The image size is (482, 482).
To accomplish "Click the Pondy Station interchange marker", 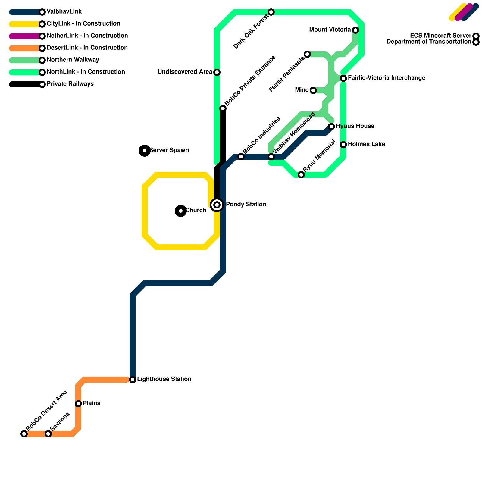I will (217, 205).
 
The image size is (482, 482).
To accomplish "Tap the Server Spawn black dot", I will (145, 150).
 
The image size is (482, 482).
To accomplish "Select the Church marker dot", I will (181, 211).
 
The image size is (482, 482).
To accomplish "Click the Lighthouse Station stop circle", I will (133, 380).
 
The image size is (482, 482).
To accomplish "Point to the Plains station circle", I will (78, 403).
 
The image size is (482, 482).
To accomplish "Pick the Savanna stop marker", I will (48, 434).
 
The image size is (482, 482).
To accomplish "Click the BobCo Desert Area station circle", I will (24, 434).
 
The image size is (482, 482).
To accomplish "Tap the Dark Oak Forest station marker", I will (271, 12).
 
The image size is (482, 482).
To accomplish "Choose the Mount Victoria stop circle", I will (355, 30).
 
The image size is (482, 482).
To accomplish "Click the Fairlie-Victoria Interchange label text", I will (387, 78).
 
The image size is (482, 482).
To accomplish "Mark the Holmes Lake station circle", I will (343, 145).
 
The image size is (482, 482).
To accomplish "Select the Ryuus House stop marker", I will (331, 126).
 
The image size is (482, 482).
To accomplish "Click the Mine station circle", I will (313, 90).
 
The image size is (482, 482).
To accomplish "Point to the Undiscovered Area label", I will (185, 72).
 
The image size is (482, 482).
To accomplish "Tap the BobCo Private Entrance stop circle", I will (223, 108).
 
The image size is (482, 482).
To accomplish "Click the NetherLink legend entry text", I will (87, 36).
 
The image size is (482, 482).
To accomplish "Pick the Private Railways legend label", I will (70, 84).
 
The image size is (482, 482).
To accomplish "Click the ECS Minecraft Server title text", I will (440, 36).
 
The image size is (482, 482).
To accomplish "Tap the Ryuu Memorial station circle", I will (301, 175).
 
